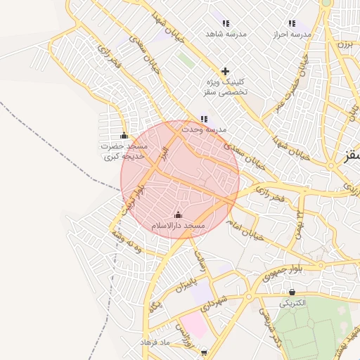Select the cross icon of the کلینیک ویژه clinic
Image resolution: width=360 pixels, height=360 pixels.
tap(225, 71)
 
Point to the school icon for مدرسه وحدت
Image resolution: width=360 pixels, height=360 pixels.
tap(204, 120)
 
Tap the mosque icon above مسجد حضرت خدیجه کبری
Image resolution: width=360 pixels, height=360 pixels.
tap(124, 136)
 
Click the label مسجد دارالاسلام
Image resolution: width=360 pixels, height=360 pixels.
tap(178, 226)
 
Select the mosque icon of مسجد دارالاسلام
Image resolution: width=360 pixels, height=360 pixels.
tap(178, 215)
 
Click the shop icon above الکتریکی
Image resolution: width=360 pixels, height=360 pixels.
tap(292, 292)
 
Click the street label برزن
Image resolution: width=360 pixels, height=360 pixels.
tap(344, 44)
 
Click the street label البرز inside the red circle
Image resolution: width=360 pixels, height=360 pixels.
tap(164, 153)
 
